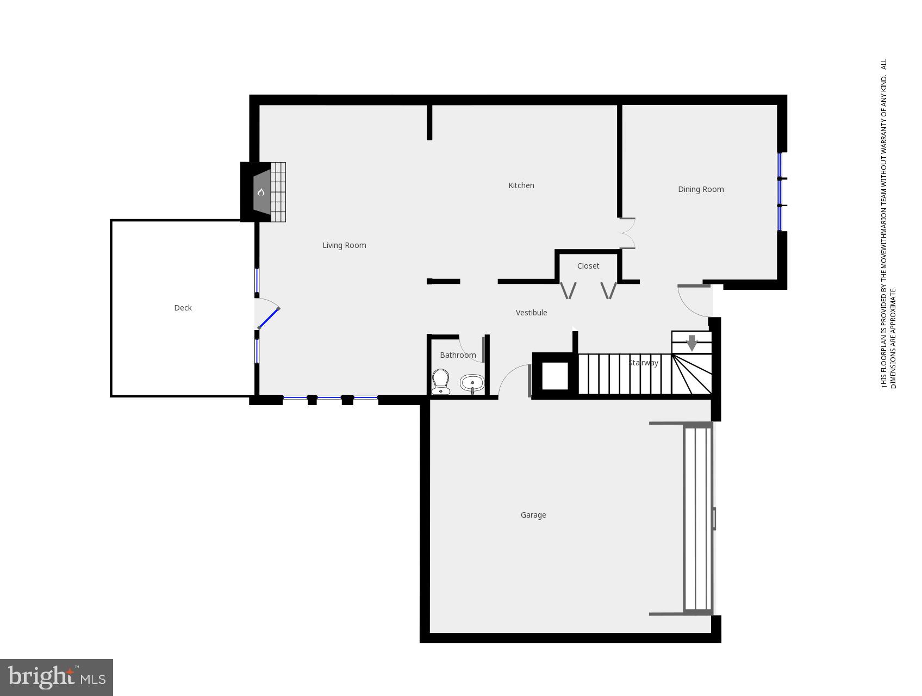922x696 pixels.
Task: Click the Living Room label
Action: click(344, 245)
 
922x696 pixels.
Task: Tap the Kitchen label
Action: click(521, 185)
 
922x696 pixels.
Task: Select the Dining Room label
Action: click(700, 189)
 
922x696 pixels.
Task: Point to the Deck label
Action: click(183, 308)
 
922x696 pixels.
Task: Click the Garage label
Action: click(533, 515)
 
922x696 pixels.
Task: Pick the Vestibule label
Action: click(531, 313)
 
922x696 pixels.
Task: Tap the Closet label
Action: click(588, 266)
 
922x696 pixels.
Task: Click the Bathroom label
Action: click(458, 355)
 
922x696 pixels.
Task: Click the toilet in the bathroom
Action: click(440, 381)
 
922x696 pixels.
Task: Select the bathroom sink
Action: click(472, 383)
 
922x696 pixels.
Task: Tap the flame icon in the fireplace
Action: click(261, 192)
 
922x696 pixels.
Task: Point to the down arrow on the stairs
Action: click(691, 343)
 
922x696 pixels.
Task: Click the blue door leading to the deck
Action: click(269, 318)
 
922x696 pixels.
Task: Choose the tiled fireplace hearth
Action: click(278, 192)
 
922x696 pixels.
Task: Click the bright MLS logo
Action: click(57, 678)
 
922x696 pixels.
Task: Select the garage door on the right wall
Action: click(698, 519)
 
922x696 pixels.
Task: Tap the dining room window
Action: click(780, 191)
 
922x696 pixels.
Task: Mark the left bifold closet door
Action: click(568, 290)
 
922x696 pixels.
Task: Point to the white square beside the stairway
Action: click(555, 376)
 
